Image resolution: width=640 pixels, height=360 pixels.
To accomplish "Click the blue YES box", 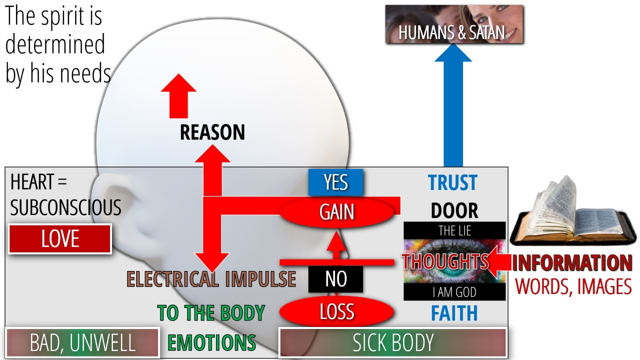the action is tap(335, 182).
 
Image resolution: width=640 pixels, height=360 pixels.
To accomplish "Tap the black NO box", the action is tap(335, 279).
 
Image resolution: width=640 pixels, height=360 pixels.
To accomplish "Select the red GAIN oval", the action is tap(336, 212).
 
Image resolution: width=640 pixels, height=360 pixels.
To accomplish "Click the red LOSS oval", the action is tap(336, 311).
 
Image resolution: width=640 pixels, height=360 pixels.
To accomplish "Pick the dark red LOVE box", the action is tap(59, 239).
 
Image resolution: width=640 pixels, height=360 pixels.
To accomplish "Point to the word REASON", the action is tap(212, 132).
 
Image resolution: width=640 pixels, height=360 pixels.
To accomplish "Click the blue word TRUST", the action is tap(452, 182).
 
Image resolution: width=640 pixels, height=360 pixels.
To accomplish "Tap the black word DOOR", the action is tap(454, 210).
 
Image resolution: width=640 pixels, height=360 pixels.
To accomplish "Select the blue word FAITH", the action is tap(454, 313).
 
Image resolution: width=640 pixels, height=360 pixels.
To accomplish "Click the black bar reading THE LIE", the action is tap(454, 230).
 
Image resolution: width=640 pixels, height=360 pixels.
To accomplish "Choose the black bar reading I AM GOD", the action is tap(454, 291).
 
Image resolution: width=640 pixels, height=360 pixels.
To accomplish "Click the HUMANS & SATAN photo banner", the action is tap(454, 24).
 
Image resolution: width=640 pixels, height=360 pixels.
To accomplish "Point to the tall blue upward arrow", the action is tap(453, 105).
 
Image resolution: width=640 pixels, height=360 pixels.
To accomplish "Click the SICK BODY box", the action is tap(392, 342).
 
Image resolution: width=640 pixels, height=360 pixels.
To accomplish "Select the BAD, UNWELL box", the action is tap(82, 342).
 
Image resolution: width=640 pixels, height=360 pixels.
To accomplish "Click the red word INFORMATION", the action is tap(571, 263).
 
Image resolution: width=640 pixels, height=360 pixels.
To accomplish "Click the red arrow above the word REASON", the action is tap(178, 96).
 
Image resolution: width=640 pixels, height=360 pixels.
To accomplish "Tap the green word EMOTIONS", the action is tap(211, 342).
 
